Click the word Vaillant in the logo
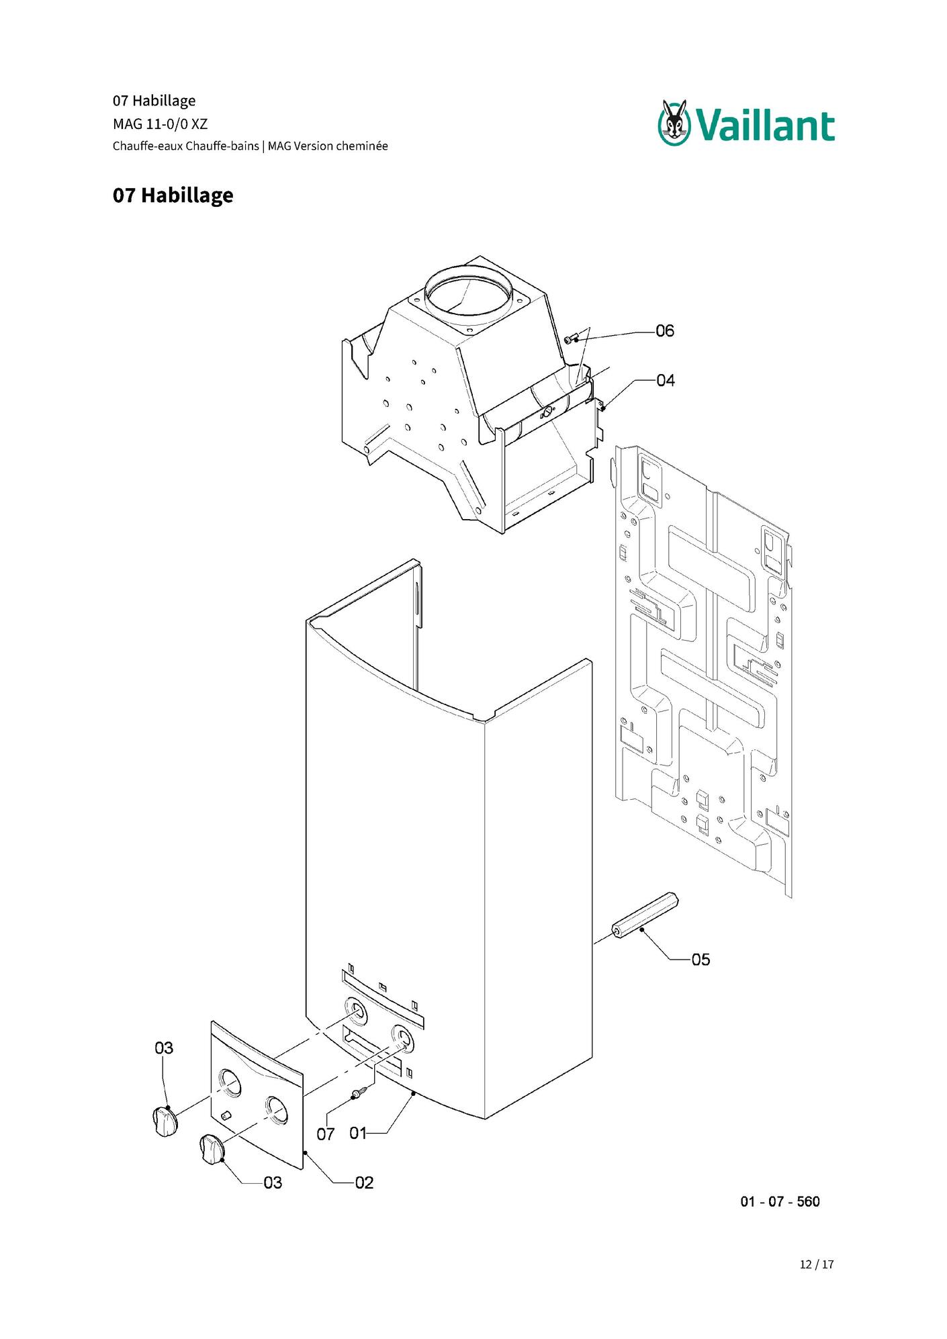[x=764, y=126]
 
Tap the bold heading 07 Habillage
[x=173, y=195]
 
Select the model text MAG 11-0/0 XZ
[x=160, y=124]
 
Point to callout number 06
[x=665, y=331]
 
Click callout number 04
[x=665, y=381]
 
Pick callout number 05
[x=701, y=960]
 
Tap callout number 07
[x=326, y=1134]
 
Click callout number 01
[x=358, y=1134]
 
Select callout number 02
[x=364, y=1183]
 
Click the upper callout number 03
[x=164, y=1048]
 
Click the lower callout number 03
[x=273, y=1183]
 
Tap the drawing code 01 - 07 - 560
[x=780, y=1201]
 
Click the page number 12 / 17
[x=817, y=1264]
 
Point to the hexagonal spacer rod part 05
[x=645, y=915]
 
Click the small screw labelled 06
[x=572, y=339]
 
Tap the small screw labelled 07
[x=361, y=1091]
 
